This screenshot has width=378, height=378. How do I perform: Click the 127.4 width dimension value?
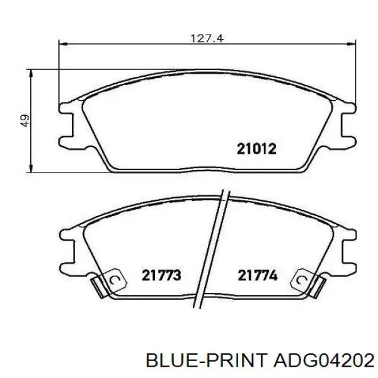[207, 38]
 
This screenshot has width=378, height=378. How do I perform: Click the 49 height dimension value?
[25, 120]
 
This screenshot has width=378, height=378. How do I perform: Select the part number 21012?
[256, 149]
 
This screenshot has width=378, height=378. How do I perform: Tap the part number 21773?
[161, 275]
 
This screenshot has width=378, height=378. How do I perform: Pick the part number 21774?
[258, 275]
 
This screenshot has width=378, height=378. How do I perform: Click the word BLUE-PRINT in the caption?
[207, 360]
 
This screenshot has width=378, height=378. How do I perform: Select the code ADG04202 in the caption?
[324, 360]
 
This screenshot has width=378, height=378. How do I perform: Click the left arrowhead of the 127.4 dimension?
[62, 44]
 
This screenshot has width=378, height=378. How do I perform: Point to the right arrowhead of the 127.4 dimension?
[352, 44]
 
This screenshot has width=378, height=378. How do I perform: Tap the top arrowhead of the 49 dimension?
[30, 73]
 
